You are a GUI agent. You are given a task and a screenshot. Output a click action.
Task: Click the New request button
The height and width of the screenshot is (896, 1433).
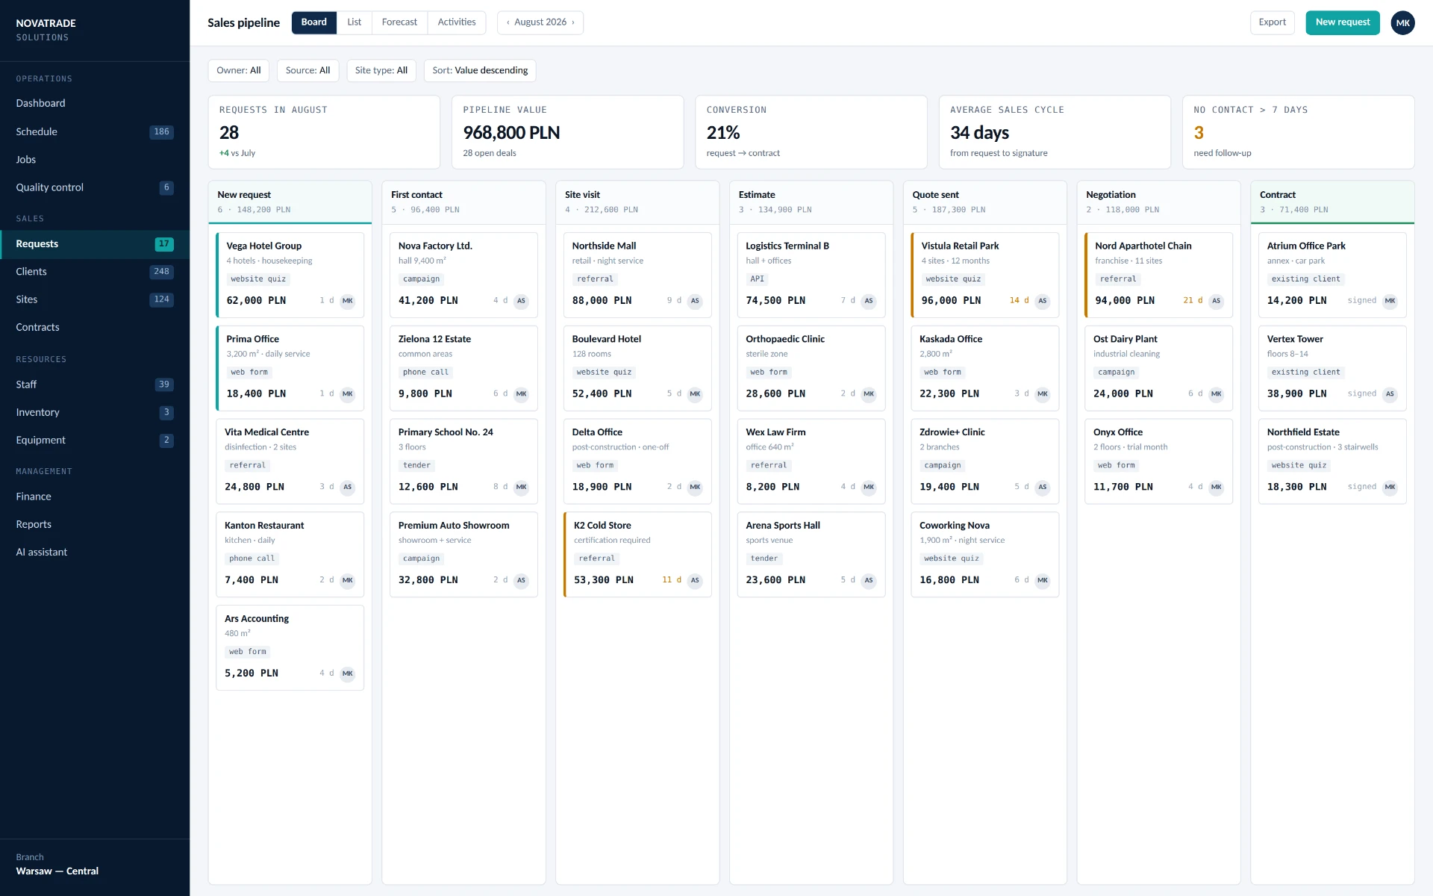(1342, 22)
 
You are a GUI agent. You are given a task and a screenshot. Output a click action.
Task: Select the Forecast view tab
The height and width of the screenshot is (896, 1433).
(399, 22)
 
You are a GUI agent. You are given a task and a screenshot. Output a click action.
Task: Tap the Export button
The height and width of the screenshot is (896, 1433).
(1272, 22)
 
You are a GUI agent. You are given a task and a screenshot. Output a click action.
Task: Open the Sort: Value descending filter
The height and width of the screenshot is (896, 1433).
(480, 70)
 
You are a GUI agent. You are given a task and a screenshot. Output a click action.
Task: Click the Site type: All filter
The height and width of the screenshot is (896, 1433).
(381, 70)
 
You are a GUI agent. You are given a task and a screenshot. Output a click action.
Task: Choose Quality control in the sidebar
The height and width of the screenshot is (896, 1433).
(50, 187)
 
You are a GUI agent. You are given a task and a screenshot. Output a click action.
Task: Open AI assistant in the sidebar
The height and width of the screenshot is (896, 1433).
(42, 552)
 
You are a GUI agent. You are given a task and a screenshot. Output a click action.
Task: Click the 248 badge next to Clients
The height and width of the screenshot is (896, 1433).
(162, 272)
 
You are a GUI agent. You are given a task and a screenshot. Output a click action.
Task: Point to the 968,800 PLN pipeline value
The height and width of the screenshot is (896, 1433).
(511, 132)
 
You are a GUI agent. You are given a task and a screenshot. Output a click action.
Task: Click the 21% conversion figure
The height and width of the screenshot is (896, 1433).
(723, 132)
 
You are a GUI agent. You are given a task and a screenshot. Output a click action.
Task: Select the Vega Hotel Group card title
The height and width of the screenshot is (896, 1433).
(264, 246)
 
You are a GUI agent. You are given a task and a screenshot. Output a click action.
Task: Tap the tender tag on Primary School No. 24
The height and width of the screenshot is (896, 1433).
(416, 465)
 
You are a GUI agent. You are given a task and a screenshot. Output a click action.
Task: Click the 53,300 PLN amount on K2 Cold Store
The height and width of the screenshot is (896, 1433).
(603, 580)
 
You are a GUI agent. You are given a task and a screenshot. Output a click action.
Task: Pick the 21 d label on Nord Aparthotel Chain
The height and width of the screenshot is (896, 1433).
(1193, 300)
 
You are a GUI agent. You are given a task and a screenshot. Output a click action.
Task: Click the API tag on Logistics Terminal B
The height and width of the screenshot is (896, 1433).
(757, 279)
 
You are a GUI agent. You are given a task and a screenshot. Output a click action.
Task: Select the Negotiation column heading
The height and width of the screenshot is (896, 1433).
(1111, 195)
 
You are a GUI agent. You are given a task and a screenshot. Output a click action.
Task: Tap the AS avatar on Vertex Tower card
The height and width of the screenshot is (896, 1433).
(1390, 393)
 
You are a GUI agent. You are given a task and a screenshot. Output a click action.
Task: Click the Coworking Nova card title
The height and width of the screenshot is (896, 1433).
(955, 526)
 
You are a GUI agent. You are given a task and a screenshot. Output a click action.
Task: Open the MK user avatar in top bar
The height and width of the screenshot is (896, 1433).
(1402, 22)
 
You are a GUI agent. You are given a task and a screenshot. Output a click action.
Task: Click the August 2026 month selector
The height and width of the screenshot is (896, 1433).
(540, 22)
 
